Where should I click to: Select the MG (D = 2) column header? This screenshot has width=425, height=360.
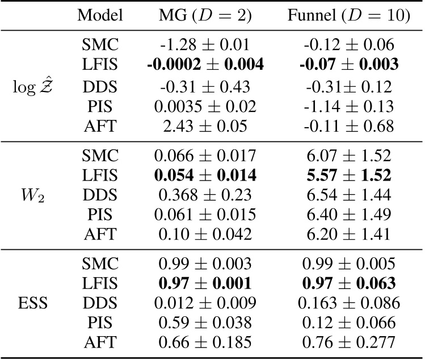pos(203,16)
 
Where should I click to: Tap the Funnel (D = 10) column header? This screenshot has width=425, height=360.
pos(348,16)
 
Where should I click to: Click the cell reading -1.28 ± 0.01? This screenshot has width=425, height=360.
pos(203,44)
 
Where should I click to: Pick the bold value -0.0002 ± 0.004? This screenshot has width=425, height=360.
pos(203,65)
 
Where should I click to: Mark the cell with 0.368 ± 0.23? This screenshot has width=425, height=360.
pos(203,195)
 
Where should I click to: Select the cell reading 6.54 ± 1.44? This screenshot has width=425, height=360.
pos(348,195)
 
